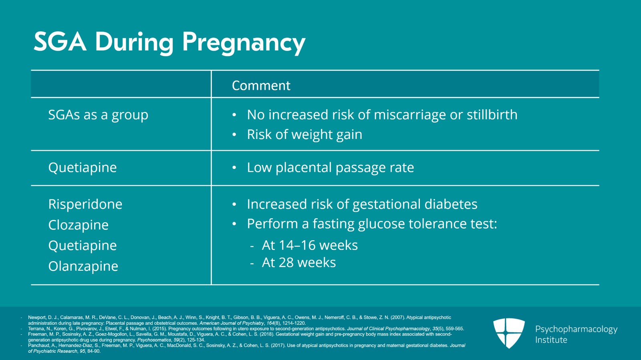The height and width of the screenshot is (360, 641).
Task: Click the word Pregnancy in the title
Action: click(244, 42)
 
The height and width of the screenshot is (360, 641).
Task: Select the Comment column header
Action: click(261, 86)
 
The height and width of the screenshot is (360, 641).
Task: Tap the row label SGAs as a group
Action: click(98, 115)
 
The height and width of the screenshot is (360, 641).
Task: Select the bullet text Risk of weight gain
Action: click(304, 135)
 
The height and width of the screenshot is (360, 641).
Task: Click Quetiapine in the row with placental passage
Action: click(83, 168)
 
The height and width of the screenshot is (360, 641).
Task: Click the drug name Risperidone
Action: click(85, 204)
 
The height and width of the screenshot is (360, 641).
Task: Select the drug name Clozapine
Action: click(79, 225)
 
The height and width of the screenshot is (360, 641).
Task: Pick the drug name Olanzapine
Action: click(83, 266)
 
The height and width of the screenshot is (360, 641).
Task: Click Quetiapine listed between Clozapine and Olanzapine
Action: click(83, 245)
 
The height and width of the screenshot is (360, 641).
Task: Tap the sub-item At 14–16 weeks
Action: click(310, 245)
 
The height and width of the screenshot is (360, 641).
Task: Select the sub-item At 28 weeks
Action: click(299, 263)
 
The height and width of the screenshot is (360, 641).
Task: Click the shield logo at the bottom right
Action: click(509, 333)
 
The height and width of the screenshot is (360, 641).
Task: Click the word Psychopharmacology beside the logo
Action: click(576, 329)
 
